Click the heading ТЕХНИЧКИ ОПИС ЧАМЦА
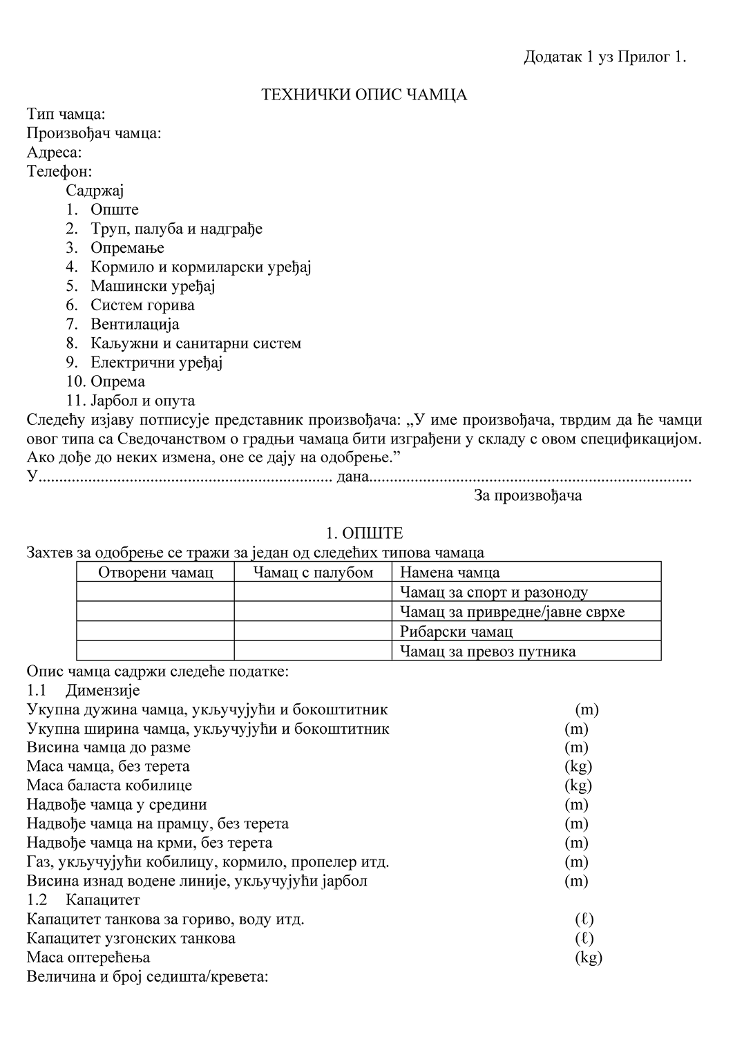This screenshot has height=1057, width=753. click(x=364, y=95)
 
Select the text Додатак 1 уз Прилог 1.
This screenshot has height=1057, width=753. click(x=604, y=57)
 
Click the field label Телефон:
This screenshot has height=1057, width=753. click(x=59, y=171)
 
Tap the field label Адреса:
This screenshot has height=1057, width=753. click(x=54, y=153)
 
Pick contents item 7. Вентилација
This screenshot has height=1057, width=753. click(x=123, y=324)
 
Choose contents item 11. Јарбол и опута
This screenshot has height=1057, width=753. click(x=131, y=401)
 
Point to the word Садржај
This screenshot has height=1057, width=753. click(x=95, y=191)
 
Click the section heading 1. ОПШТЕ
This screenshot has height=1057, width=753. click(x=364, y=533)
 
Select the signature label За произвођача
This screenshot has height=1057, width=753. click(x=528, y=495)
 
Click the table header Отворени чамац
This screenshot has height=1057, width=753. click(x=155, y=572)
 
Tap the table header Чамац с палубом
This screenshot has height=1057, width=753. click(x=313, y=572)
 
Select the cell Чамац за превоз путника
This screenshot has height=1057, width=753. click(x=488, y=651)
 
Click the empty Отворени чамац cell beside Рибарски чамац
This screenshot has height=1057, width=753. click(x=155, y=631)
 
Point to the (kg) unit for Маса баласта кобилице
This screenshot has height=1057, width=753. click(x=578, y=785)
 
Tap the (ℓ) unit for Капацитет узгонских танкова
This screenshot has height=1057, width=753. click(x=584, y=938)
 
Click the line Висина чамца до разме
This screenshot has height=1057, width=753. click(x=108, y=747)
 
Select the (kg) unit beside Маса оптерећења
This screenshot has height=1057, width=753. click(x=589, y=958)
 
